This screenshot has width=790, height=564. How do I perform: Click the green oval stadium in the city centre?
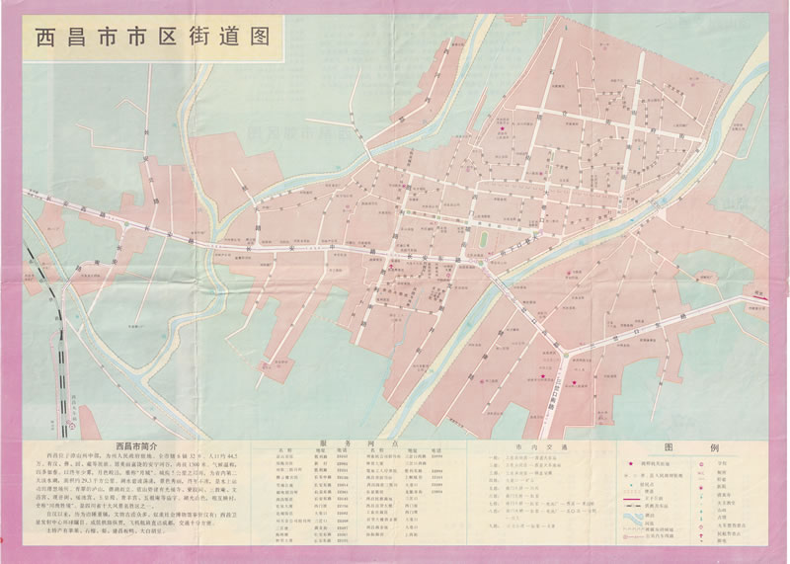click(x=483, y=239)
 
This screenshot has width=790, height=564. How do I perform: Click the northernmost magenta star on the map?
click(x=502, y=129)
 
